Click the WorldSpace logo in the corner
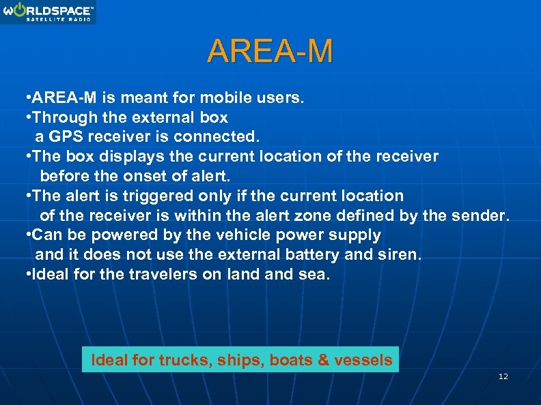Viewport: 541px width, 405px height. [48, 12]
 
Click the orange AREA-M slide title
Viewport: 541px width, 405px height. [270, 51]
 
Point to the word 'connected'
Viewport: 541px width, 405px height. [211, 136]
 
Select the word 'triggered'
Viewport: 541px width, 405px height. [158, 196]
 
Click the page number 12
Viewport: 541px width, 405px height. [503, 376]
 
